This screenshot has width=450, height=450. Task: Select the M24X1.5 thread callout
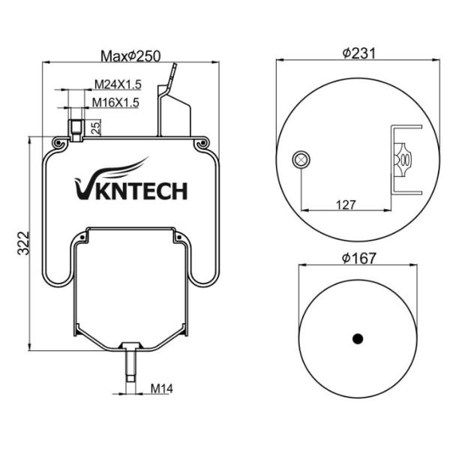[116, 85]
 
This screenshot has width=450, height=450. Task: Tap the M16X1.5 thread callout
[116, 103]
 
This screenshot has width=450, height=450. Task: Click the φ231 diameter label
[358, 52]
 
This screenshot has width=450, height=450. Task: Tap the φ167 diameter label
[358, 257]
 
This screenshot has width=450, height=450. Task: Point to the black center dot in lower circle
[358, 337]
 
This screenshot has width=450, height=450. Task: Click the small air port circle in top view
[301, 158]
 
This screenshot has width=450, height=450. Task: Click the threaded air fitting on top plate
[76, 127]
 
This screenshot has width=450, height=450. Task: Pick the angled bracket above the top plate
[174, 105]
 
